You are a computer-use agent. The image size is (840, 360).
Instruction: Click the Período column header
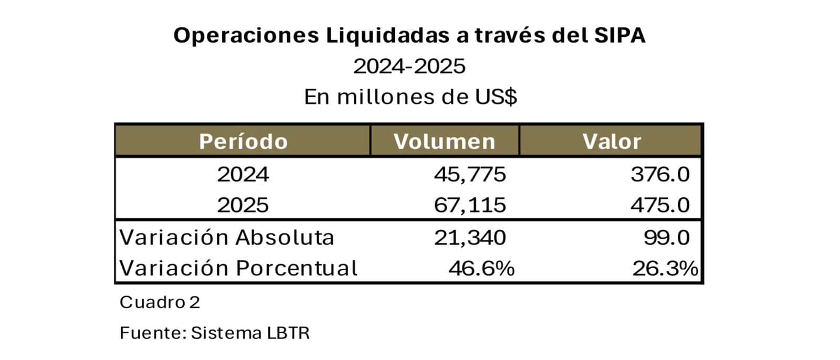(243, 142)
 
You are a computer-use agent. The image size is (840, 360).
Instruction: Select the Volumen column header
(444, 142)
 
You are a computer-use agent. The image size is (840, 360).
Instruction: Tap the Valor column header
(612, 142)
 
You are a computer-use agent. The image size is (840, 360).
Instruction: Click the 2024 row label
(243, 174)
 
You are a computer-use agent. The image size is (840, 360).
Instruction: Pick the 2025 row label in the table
(243, 205)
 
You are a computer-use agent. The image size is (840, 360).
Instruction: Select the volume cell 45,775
(470, 174)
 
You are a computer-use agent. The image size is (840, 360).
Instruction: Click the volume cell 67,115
(470, 205)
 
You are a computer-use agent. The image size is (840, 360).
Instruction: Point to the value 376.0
(660, 174)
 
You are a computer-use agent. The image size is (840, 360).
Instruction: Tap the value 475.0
(660, 205)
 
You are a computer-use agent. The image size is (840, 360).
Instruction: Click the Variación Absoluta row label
(227, 237)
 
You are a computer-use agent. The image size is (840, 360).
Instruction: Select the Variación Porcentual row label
(238, 268)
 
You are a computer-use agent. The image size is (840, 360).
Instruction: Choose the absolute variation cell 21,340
(470, 237)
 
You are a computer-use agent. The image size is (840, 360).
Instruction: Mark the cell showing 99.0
(667, 237)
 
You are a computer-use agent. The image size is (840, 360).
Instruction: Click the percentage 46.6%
(481, 268)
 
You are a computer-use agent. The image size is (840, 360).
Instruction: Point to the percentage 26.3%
(665, 268)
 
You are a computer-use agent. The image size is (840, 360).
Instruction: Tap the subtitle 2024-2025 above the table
(409, 67)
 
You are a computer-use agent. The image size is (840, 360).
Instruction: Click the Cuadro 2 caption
(160, 302)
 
